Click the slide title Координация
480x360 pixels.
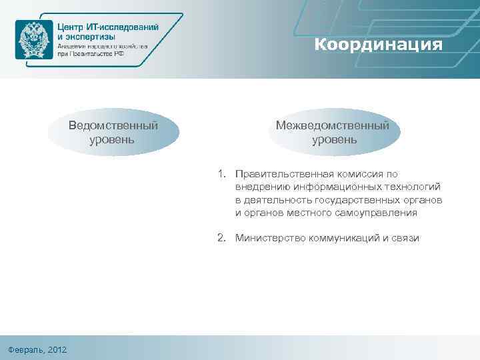tap(378, 45)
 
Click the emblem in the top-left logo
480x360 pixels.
tap(33, 39)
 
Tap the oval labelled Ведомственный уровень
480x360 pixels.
tap(113, 133)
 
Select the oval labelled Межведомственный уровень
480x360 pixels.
tap(335, 133)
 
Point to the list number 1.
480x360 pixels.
tap(221, 174)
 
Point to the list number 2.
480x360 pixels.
tap(221, 238)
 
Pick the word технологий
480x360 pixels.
tap(412, 187)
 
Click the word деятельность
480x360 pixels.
tap(279, 200)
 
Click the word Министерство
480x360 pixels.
tap(269, 238)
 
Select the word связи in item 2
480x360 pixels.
tap(405, 238)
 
